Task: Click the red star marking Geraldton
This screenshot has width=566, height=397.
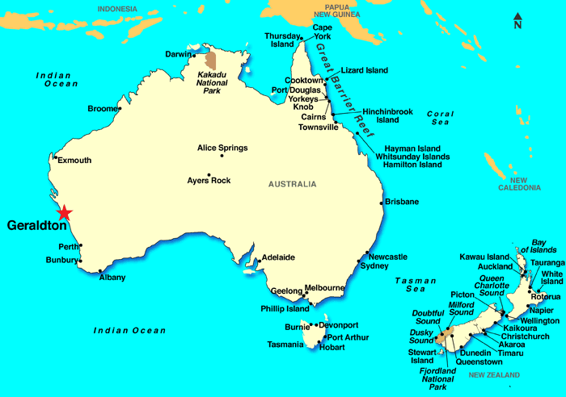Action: (x=65, y=212)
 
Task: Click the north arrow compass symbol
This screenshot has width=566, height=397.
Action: (x=517, y=20)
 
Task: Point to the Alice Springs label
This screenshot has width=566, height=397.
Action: (x=222, y=148)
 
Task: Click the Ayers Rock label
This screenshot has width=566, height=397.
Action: (x=209, y=180)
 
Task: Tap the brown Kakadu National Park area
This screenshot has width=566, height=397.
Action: (x=212, y=61)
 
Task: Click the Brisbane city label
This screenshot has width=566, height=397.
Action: (x=402, y=201)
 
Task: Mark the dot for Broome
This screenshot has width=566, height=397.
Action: (x=120, y=108)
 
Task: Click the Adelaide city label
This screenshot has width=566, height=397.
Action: (x=277, y=257)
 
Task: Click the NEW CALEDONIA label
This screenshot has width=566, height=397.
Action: (x=518, y=183)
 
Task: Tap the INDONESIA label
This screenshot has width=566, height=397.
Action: (x=117, y=9)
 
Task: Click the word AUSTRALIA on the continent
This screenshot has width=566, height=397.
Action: (x=293, y=184)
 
